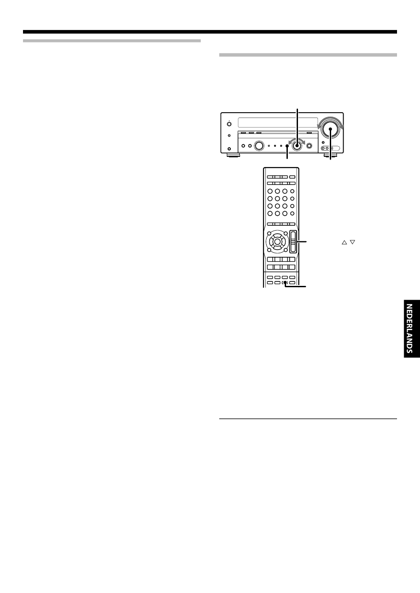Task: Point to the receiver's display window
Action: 278,123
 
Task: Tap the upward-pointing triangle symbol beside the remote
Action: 344,242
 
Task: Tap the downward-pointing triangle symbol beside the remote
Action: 352,242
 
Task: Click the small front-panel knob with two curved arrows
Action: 298,145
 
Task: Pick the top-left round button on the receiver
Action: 229,124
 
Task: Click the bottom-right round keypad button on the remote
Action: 292,213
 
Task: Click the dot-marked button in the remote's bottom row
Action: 285,283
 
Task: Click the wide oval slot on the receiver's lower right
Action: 332,149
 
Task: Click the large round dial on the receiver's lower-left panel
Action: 259,145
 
